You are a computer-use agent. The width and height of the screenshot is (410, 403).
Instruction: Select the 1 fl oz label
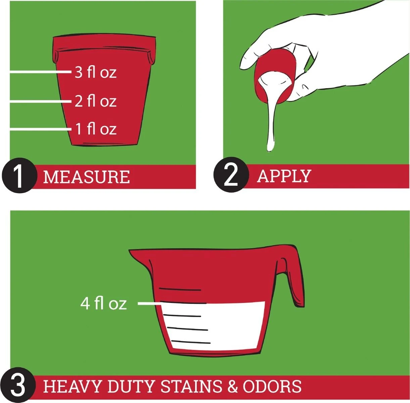click(x=96, y=129)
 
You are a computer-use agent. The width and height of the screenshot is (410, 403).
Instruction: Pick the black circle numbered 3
click(x=18, y=386)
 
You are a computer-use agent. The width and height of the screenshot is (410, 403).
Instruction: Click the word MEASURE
click(x=87, y=177)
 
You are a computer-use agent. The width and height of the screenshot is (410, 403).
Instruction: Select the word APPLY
click(x=284, y=176)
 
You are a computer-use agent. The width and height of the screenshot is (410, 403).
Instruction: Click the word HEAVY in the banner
click(x=72, y=386)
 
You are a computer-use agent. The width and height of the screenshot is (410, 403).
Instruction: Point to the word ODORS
click(x=272, y=386)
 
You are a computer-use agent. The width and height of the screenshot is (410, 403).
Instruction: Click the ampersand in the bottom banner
click(x=233, y=386)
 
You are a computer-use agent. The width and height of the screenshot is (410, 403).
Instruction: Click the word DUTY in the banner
click(x=130, y=386)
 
